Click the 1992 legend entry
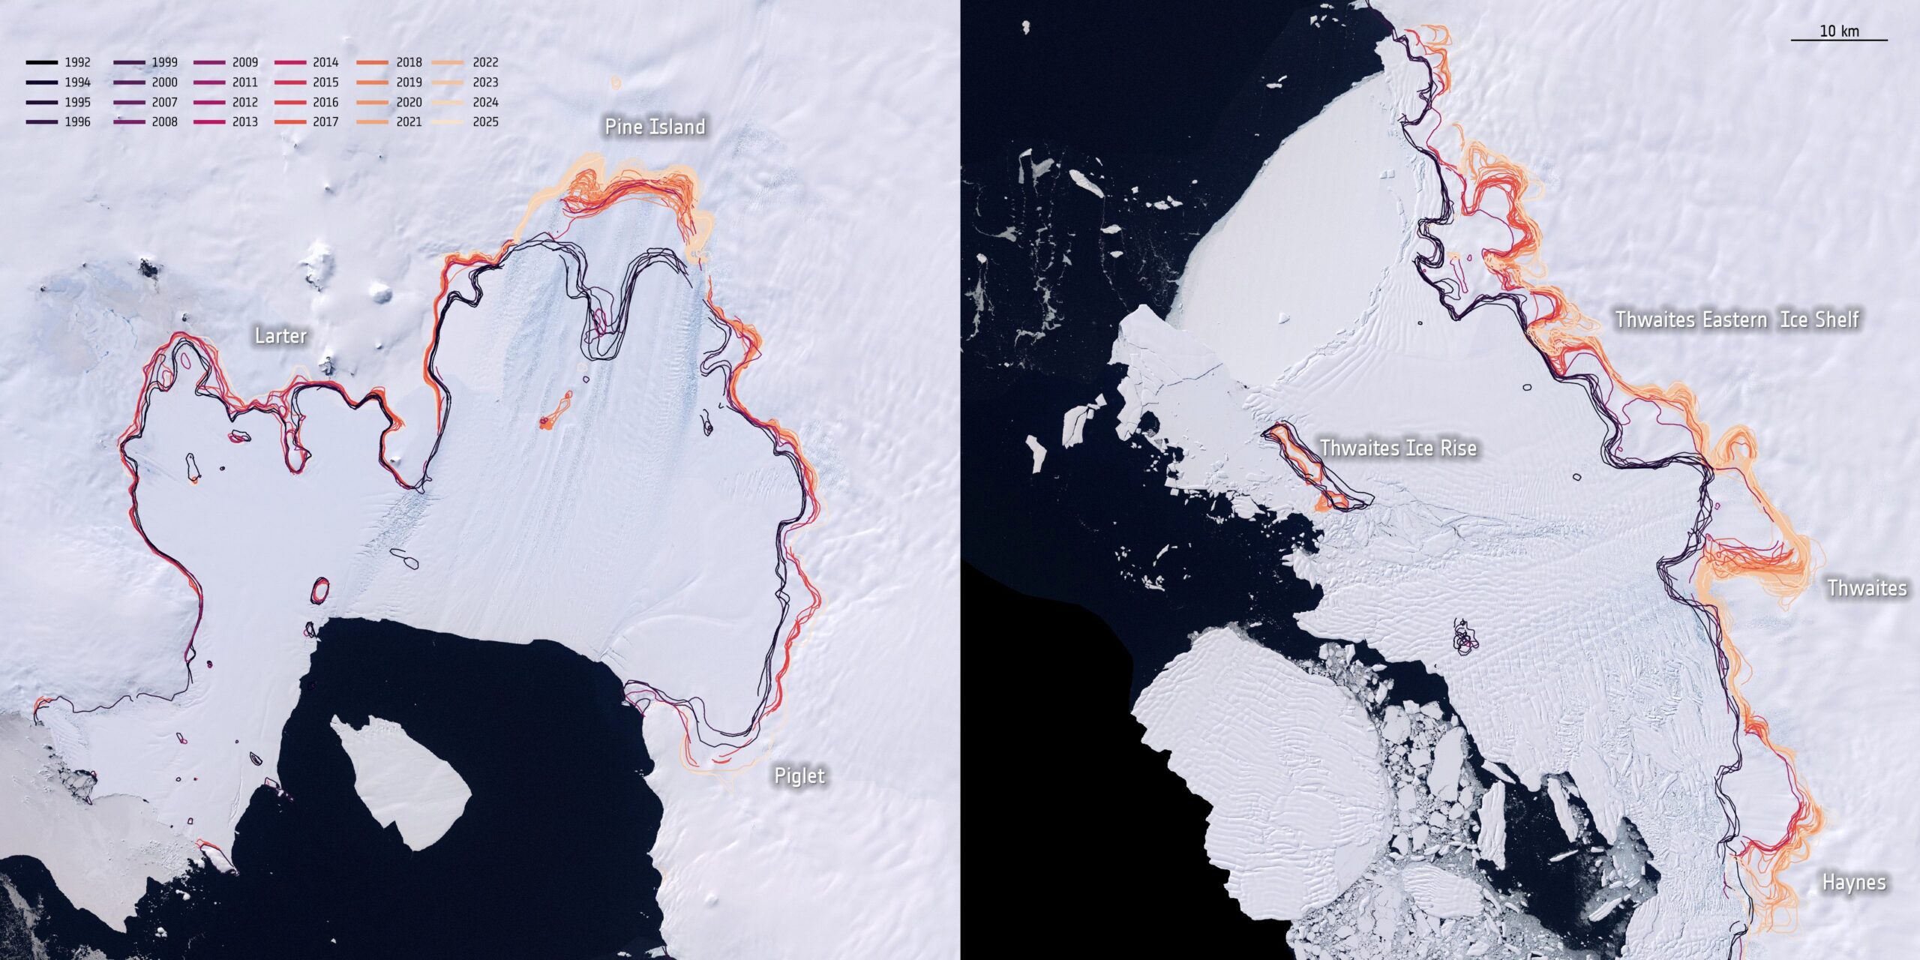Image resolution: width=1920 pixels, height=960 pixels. click(x=58, y=62)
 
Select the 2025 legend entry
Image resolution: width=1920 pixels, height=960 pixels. click(x=467, y=121)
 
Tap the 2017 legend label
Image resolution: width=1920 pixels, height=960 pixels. click(x=325, y=121)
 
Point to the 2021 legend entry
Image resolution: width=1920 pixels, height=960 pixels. click(x=389, y=121)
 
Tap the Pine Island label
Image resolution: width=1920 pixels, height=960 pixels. click(x=655, y=127)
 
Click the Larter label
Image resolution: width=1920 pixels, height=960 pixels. click(x=280, y=335)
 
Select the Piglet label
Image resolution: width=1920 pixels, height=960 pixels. click(x=799, y=775)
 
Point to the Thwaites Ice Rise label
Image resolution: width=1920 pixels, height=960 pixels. click(x=1398, y=448)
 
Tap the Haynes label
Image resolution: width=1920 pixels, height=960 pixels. click(x=1854, y=882)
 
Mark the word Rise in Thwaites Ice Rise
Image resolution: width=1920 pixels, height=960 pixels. click(x=1454, y=448)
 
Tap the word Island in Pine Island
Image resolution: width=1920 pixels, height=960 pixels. click(x=677, y=127)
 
